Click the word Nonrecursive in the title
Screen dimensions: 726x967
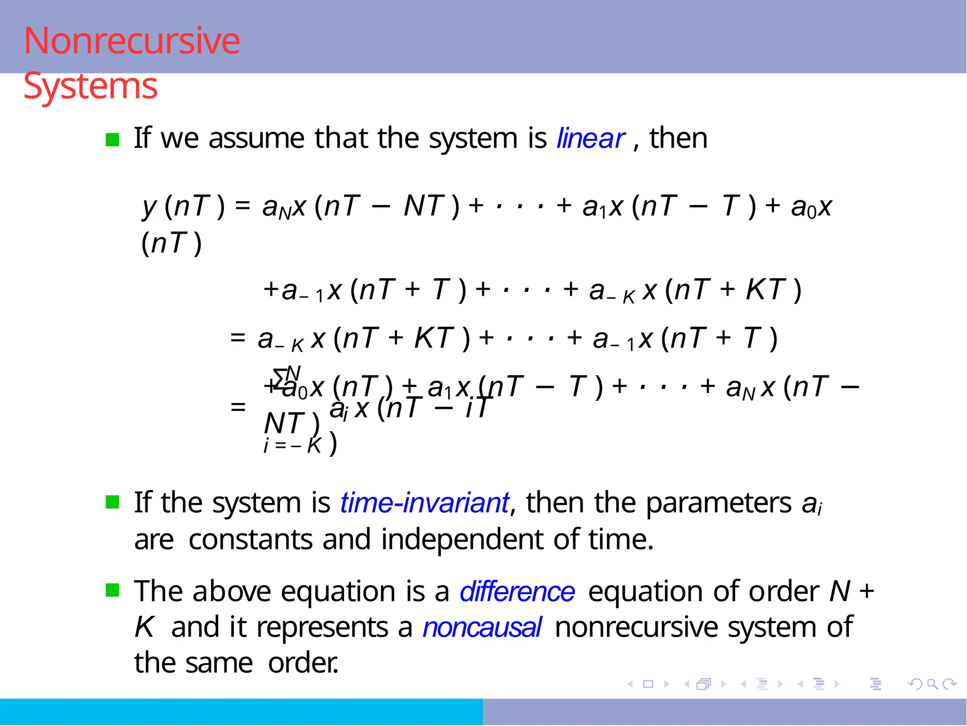(x=132, y=41)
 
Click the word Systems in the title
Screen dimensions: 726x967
(x=90, y=86)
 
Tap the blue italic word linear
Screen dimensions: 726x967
(x=591, y=138)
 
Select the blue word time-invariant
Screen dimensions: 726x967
(x=424, y=502)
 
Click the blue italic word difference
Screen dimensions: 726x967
(x=517, y=591)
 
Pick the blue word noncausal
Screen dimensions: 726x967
(x=482, y=628)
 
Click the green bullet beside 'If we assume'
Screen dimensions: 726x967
(x=112, y=140)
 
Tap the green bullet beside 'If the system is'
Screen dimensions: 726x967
(x=112, y=502)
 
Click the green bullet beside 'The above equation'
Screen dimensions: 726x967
(x=112, y=590)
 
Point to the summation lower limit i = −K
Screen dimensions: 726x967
(x=293, y=445)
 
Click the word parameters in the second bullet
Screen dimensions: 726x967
(x=718, y=502)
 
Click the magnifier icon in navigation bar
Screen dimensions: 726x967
(x=932, y=684)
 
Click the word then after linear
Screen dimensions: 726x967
(x=678, y=138)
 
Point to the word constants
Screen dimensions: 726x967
(x=250, y=539)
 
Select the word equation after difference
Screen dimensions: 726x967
(x=645, y=591)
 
